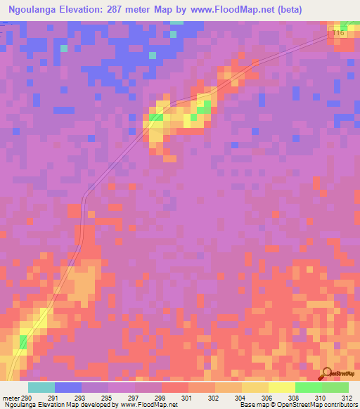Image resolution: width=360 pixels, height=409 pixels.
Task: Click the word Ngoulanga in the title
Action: click(x=35, y=9)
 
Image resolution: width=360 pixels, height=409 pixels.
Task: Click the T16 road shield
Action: click(x=340, y=32)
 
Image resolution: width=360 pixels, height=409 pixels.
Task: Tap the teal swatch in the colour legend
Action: click(x=41, y=387)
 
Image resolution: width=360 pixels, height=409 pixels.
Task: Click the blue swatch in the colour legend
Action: click(x=68, y=387)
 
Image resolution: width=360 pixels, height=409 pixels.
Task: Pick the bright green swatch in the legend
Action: click(x=308, y=387)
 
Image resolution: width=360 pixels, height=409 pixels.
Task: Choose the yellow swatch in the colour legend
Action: click(x=281, y=387)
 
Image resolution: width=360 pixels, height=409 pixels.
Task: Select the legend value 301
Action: click(x=186, y=397)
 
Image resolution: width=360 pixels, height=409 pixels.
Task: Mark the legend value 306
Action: click(x=266, y=397)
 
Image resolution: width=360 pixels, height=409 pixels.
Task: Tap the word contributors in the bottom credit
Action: click(x=340, y=405)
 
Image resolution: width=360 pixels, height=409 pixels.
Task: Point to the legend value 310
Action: click(x=320, y=397)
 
